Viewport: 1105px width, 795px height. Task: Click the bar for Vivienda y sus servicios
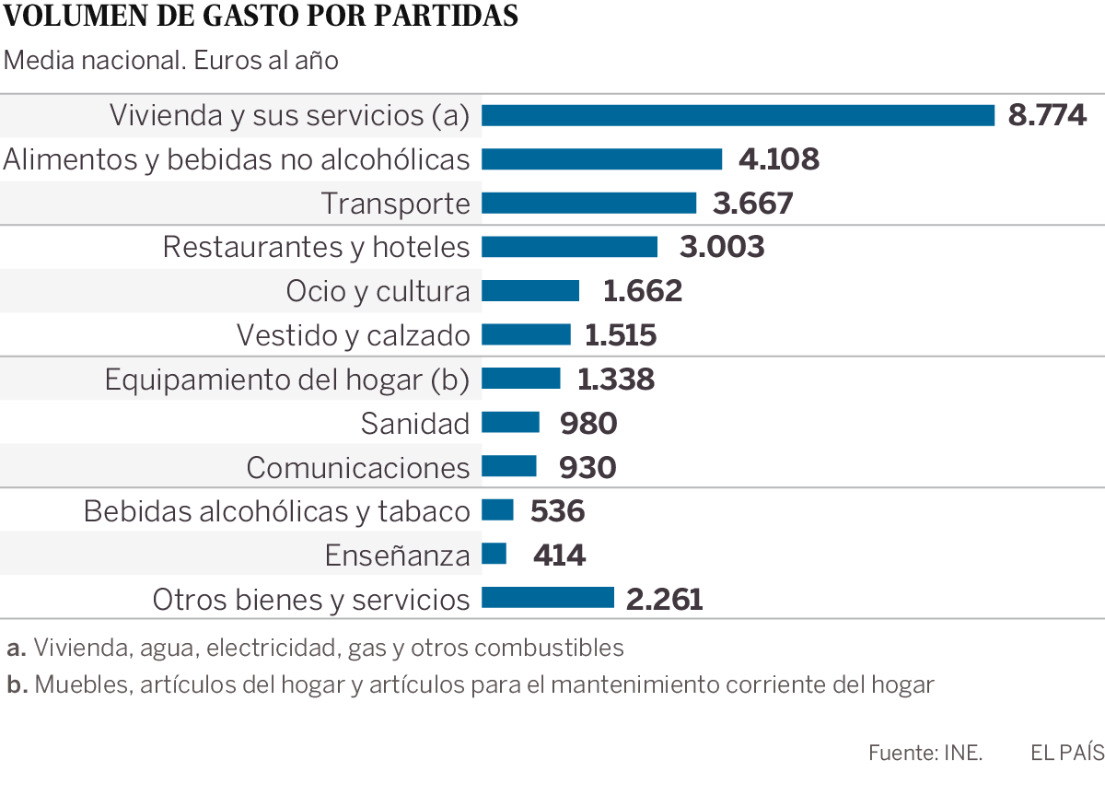(x=738, y=115)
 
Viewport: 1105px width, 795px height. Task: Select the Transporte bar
(x=588, y=203)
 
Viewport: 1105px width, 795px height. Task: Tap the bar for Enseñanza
(x=494, y=554)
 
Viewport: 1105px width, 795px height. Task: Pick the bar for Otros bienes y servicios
(x=547, y=598)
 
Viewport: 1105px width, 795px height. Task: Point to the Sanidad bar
(x=510, y=422)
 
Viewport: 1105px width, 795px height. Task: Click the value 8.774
(x=1048, y=115)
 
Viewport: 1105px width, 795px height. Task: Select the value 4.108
(x=778, y=159)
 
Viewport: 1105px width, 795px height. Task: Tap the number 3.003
(x=722, y=247)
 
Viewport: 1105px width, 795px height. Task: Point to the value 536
(x=558, y=510)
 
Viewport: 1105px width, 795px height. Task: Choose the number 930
(x=587, y=467)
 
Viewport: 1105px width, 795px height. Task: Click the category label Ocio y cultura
(x=378, y=291)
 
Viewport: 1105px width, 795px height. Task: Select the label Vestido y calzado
(x=353, y=334)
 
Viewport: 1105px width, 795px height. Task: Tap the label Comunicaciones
(x=358, y=467)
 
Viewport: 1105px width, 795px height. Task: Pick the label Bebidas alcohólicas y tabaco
(x=276, y=510)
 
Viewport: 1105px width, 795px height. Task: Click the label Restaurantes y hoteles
(x=316, y=247)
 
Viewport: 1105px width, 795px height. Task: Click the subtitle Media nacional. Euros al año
(x=171, y=61)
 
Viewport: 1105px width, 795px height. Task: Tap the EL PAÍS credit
(x=1066, y=753)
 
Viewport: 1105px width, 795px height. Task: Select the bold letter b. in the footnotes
(x=16, y=684)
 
